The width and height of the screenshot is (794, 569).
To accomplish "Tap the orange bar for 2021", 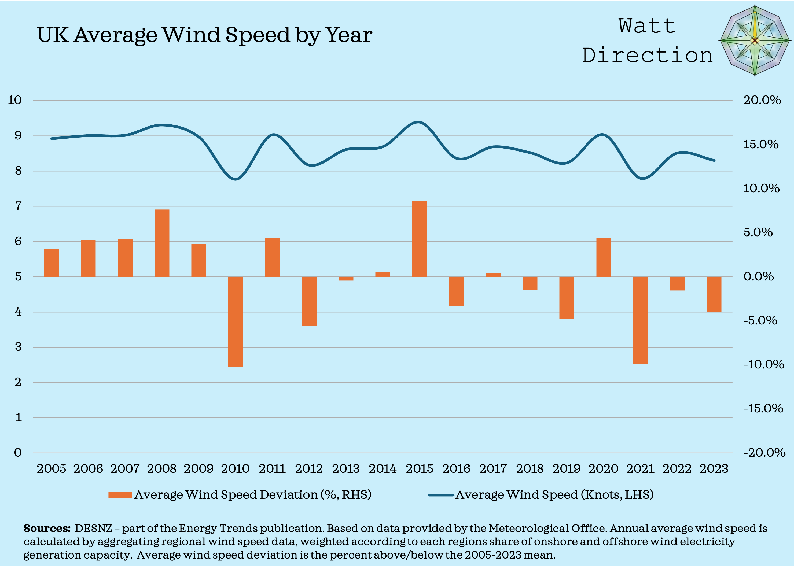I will point(640,320).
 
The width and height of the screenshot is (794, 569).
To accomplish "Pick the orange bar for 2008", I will point(162,243).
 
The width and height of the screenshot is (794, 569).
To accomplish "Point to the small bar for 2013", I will point(346,279).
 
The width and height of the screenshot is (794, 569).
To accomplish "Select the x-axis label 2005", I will point(52,468).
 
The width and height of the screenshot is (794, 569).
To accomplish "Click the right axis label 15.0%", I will point(761,144).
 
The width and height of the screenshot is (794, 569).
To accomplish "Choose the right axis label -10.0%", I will point(763,364).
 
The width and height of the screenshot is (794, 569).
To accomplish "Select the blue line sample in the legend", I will point(441,495).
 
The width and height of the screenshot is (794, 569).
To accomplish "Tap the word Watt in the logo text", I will point(647,26).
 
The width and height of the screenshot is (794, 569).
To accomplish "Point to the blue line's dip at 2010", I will point(235,179).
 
